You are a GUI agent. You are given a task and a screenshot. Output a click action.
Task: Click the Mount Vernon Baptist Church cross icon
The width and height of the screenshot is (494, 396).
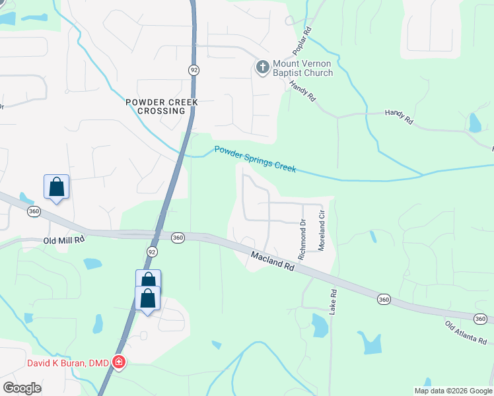point(262,67)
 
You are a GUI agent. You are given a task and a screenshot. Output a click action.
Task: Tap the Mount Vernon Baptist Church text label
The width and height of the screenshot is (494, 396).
point(302,67)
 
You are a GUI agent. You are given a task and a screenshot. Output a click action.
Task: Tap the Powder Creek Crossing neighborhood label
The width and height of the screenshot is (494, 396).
point(162,106)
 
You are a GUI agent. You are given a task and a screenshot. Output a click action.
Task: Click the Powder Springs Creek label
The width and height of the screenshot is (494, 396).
point(255,160)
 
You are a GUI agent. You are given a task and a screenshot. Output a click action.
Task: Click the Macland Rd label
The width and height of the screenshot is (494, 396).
point(272,259)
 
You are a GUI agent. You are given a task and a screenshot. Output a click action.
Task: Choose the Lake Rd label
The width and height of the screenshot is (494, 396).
point(334,302)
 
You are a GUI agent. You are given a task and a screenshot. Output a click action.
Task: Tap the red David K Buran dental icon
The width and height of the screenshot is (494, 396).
point(118,362)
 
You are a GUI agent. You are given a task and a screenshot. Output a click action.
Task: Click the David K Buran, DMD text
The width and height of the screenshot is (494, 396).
point(69,362)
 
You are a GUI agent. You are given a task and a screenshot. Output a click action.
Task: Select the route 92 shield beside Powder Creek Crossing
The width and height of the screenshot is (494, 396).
point(194,69)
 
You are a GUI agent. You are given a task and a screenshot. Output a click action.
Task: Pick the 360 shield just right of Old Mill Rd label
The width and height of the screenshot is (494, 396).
point(177,238)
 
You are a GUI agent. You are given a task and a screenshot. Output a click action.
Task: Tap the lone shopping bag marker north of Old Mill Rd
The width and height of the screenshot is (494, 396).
point(57,187)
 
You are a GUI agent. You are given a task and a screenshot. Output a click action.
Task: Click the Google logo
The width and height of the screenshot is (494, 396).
point(22,388)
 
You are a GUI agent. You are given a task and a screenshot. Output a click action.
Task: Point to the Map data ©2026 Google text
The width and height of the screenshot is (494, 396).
point(453,390)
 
